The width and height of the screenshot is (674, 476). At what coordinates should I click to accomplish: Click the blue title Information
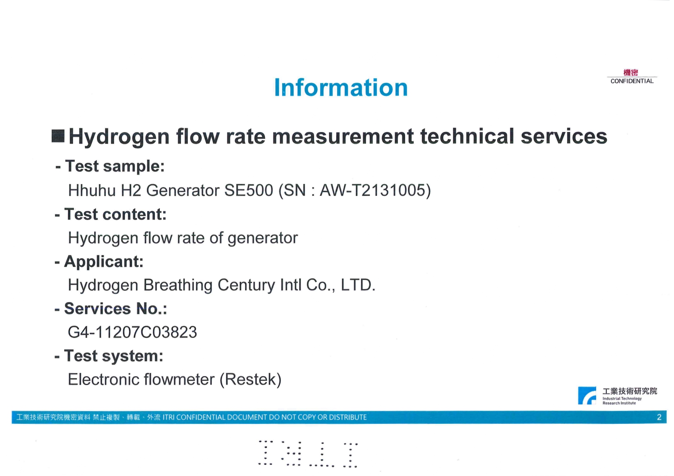click(x=341, y=88)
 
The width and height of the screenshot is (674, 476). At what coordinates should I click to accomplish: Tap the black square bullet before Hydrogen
click(x=58, y=136)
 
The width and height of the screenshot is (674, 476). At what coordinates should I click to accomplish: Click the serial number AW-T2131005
click(x=372, y=190)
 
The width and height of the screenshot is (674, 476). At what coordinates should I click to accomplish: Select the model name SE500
click(x=248, y=190)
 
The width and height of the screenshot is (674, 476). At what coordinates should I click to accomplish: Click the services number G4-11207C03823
click(x=132, y=332)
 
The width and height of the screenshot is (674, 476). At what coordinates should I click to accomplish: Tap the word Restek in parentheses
click(x=250, y=379)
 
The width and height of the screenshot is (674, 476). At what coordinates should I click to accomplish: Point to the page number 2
click(x=659, y=417)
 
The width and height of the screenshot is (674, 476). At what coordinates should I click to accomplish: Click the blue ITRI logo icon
click(x=587, y=395)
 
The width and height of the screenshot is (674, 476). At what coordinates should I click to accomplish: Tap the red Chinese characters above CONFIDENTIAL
click(x=631, y=73)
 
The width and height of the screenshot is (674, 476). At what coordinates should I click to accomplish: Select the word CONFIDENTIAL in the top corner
click(x=632, y=81)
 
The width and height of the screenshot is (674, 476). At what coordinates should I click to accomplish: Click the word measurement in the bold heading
click(x=343, y=137)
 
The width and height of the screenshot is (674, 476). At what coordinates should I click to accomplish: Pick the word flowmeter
click(x=179, y=379)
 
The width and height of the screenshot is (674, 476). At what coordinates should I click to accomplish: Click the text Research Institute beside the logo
click(x=619, y=403)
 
